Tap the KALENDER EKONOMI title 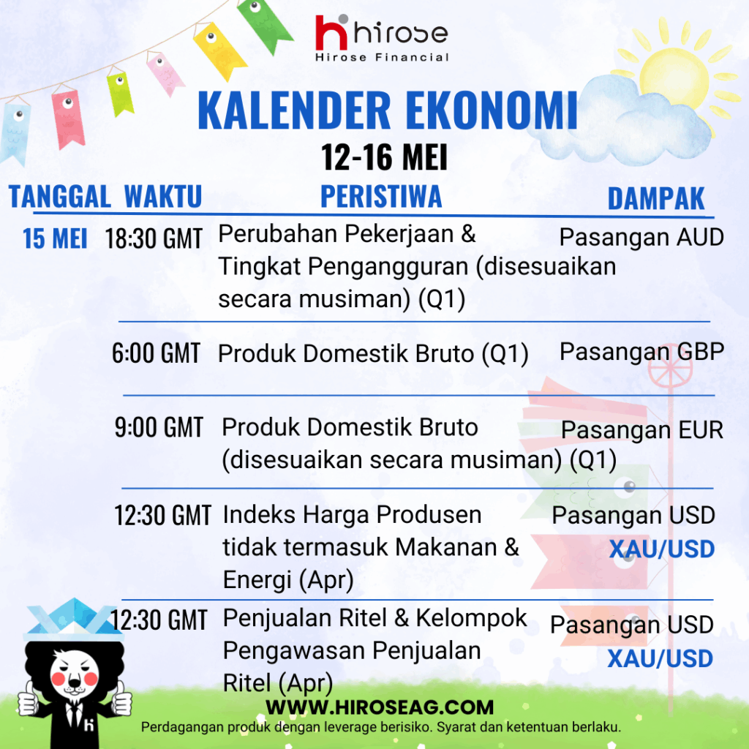[x=388, y=110]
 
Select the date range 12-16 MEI [x=384, y=157]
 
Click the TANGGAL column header [x=60, y=196]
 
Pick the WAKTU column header [x=163, y=196]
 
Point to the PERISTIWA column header [x=381, y=196]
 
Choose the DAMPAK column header [x=656, y=198]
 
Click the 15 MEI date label [x=55, y=238]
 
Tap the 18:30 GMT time [x=154, y=238]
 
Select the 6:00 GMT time [x=156, y=353]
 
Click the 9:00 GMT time [x=159, y=427]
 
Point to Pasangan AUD [x=641, y=237]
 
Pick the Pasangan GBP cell [x=642, y=352]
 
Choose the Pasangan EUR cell [x=642, y=430]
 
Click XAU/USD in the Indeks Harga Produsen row [x=661, y=549]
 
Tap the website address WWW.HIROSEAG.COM [x=380, y=707]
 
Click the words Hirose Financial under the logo [x=382, y=57]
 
